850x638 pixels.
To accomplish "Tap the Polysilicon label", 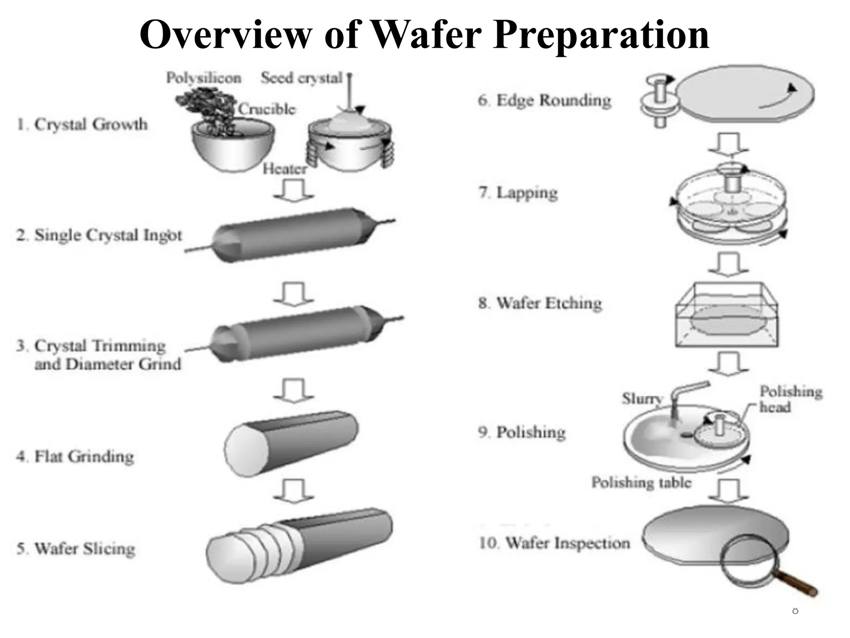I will click(203, 78).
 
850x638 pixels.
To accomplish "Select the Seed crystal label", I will click(302, 78).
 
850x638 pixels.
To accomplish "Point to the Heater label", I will click(285, 169).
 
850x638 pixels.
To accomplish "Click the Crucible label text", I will click(267, 109).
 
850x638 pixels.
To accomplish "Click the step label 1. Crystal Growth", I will click(82, 124).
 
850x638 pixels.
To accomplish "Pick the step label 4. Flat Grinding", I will click(75, 456).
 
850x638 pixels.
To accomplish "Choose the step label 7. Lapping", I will click(518, 193).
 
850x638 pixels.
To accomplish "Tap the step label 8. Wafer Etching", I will click(540, 303).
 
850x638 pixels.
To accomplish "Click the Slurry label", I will click(642, 398).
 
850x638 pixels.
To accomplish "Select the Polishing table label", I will click(641, 482).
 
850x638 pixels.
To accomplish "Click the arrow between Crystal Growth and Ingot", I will click(294, 190).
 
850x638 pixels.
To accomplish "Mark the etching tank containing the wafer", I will click(726, 316).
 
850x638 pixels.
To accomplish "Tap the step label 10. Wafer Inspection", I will click(554, 543).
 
